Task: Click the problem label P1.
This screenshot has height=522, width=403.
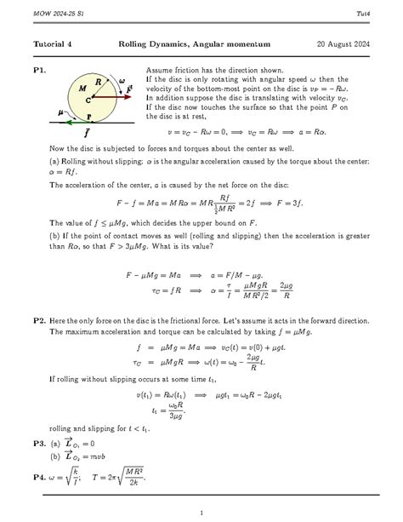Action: pyautogui.click(x=41, y=68)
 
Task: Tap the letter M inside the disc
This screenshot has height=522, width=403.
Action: pyautogui.click(x=82, y=88)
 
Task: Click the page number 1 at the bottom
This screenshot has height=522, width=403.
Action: pyautogui.click(x=201, y=512)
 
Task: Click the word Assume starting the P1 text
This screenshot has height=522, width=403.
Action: pyautogui.click(x=161, y=68)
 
